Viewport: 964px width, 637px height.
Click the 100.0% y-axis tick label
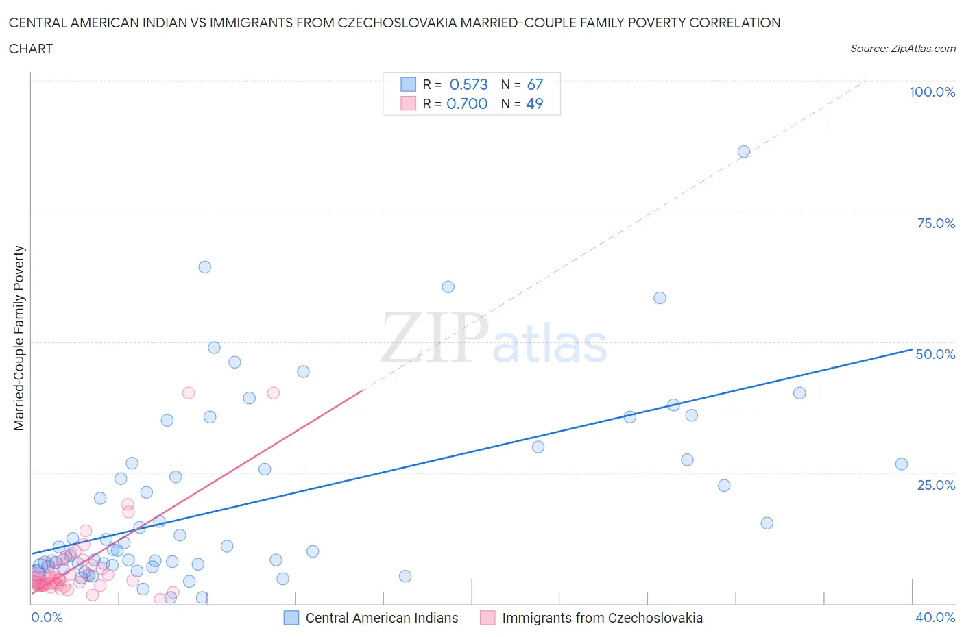(x=932, y=92)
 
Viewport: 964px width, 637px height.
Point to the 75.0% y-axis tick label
(x=936, y=223)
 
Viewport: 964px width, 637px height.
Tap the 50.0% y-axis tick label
(x=935, y=354)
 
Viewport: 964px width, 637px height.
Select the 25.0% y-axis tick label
(x=936, y=485)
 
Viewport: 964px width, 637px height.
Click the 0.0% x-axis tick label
(x=47, y=617)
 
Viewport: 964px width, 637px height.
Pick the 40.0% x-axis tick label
(x=935, y=617)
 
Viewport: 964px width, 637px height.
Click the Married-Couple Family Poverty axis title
(x=19, y=338)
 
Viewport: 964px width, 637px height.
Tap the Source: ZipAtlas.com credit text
(x=902, y=49)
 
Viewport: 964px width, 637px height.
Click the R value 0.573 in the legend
(x=468, y=84)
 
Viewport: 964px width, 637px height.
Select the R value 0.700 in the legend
(x=467, y=103)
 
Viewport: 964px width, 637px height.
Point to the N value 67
(x=535, y=84)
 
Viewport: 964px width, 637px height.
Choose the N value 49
(x=535, y=103)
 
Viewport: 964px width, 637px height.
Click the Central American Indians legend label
(x=381, y=618)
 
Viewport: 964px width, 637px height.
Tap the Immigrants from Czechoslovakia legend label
(x=602, y=618)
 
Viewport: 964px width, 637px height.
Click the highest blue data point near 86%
(x=744, y=151)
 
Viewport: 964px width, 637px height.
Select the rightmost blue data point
(x=902, y=464)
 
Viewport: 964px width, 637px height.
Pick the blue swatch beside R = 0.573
(x=408, y=84)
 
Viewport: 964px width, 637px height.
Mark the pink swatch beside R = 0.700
(x=408, y=103)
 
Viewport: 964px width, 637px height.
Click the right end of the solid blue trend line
(x=912, y=349)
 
